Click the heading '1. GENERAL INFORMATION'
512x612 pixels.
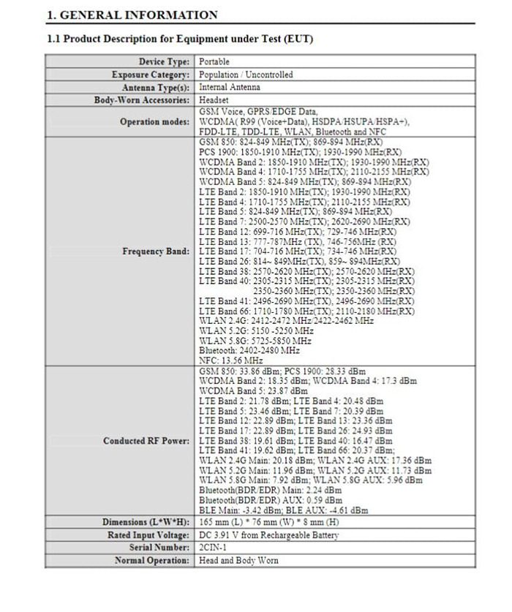[x=132, y=15]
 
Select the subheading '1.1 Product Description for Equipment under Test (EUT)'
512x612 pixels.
[x=179, y=39]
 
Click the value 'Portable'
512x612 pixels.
[x=214, y=62]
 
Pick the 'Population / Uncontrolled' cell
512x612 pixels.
[x=246, y=75]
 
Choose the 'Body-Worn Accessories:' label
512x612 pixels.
[x=142, y=99]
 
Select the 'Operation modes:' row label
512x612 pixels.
[x=155, y=121]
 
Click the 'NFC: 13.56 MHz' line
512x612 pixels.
[x=231, y=360]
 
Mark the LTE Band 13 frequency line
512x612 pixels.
[x=298, y=241]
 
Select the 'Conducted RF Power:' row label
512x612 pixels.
[x=146, y=441]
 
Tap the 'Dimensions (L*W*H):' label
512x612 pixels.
[x=146, y=522]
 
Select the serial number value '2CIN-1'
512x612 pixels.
[x=213, y=548]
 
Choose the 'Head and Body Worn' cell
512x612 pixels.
[x=238, y=560]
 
